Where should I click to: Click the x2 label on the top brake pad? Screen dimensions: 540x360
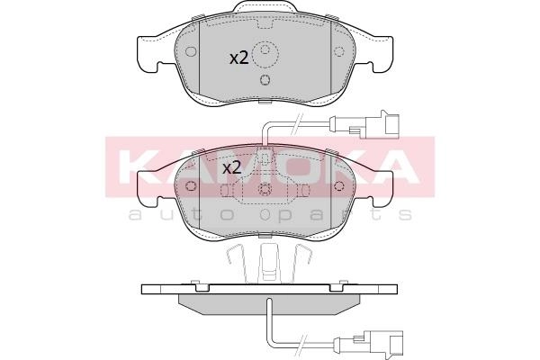click(239, 58)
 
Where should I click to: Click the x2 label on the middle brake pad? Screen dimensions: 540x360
click(232, 168)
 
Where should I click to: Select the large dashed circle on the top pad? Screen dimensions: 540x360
click(265, 54)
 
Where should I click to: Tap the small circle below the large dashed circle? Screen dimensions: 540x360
click(265, 80)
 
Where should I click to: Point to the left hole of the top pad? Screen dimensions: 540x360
click(191, 51)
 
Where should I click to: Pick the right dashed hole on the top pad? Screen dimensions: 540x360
click(339, 51)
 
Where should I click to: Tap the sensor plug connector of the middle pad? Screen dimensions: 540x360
click(373, 125)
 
